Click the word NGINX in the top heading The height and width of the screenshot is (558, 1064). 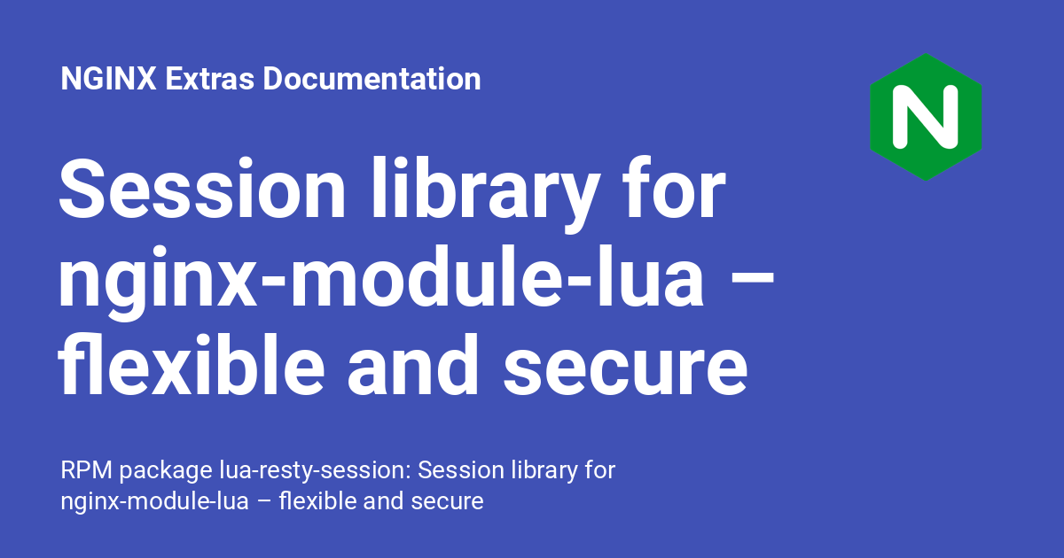[x=108, y=78]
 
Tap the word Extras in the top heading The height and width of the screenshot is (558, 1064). [x=209, y=78]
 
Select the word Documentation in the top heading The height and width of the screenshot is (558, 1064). [x=372, y=78]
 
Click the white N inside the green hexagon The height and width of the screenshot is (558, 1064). [x=926, y=117]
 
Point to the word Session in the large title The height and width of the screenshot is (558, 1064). [x=202, y=188]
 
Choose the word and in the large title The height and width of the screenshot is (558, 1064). [x=413, y=364]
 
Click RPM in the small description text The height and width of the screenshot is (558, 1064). [x=87, y=470]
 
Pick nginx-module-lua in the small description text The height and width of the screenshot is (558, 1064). [x=155, y=503]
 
